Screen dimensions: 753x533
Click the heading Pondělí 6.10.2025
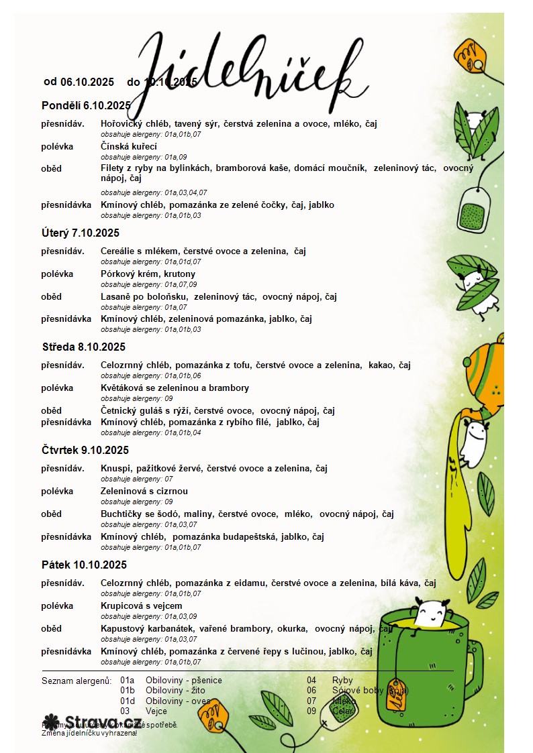tap(86, 105)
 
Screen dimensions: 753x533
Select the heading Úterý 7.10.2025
tap(81, 233)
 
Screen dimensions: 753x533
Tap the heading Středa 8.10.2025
tap(84, 347)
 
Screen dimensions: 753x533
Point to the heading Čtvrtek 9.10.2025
tap(85, 450)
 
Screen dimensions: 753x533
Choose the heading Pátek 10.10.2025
tap(84, 565)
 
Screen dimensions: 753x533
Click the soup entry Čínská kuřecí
tap(129, 146)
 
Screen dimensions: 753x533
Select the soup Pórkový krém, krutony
tap(148, 274)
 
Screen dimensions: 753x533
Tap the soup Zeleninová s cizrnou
tap(144, 491)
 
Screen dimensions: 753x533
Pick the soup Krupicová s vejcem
tap(142, 605)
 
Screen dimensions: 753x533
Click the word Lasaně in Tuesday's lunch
tap(115, 296)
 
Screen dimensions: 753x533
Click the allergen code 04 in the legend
tap(311, 680)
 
